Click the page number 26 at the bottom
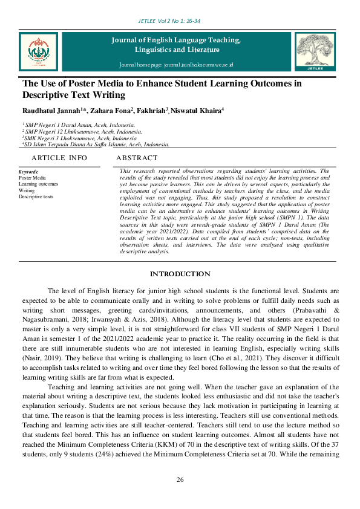pos(180,480)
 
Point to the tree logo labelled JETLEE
pos(314,51)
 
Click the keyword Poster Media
pos(32,178)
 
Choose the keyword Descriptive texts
pos(36,196)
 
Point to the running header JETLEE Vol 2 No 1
pos(180,21)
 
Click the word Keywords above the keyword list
pos(28,172)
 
